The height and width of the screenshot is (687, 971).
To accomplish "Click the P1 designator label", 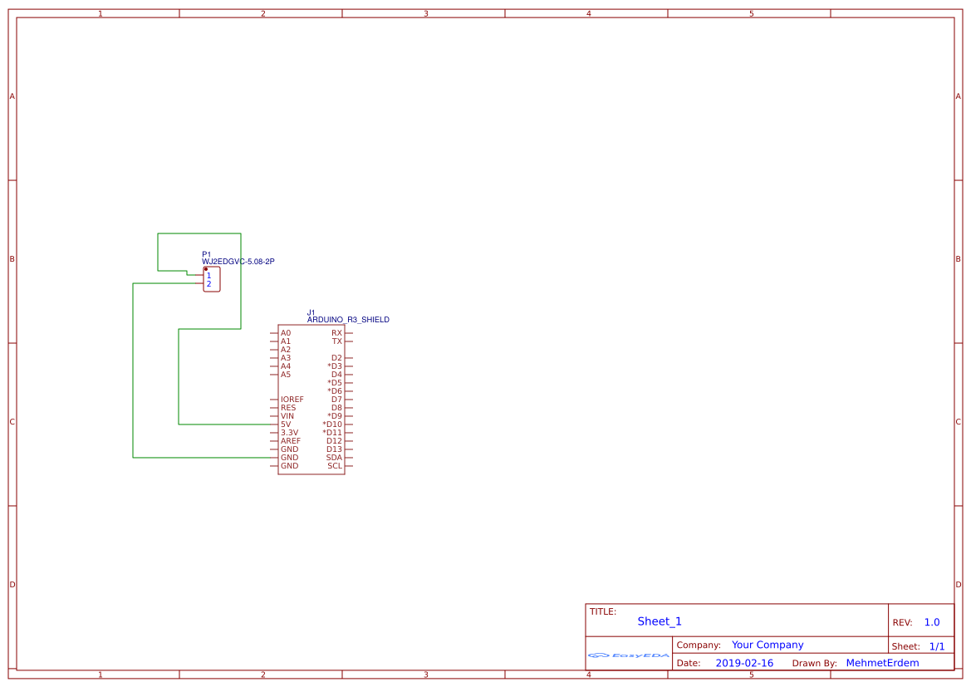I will [x=206, y=254].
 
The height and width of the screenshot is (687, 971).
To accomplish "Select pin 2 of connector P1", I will [x=208, y=284].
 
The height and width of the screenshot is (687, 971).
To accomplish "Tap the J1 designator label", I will [x=311, y=313].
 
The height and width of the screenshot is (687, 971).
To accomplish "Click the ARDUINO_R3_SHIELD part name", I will [x=348, y=320].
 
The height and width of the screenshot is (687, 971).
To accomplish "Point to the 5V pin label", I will [x=286, y=424].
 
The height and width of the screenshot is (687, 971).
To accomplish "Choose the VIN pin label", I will [x=287, y=416].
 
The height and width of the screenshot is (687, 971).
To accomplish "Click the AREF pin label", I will [x=291, y=441].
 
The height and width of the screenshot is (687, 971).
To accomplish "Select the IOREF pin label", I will [x=292, y=400].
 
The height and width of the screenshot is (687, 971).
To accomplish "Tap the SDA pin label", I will [x=334, y=458].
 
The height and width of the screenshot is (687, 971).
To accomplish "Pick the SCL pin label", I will [x=335, y=466].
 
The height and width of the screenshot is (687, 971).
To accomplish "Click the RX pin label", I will [x=336, y=333].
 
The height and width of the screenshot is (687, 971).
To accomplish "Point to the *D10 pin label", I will [x=332, y=424].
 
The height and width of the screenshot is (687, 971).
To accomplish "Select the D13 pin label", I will [x=334, y=449].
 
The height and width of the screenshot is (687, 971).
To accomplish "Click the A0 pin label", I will [x=286, y=333].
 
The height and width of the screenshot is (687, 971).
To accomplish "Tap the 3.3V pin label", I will [x=290, y=433].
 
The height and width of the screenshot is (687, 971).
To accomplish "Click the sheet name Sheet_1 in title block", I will [x=660, y=621].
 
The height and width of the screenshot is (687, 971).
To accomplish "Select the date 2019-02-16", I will [x=744, y=663].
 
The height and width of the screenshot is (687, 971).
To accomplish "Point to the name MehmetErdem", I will [x=882, y=663].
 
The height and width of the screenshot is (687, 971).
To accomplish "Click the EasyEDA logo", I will [x=629, y=655].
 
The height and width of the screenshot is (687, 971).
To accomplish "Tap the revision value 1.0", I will [x=932, y=622].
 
